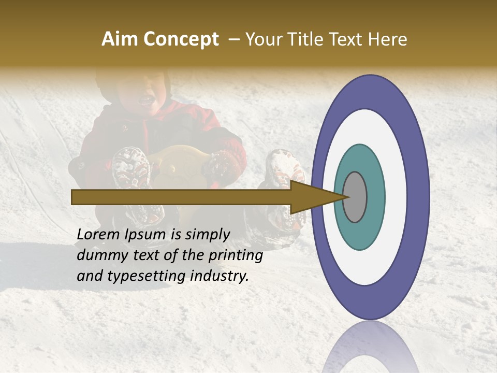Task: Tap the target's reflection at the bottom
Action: click(370, 347)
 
